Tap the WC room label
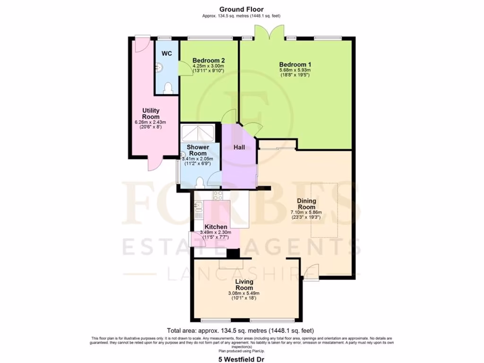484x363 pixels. (167, 53)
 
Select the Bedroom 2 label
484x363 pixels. (208, 60)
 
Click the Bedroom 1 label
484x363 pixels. (295, 65)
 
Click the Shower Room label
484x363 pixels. (198, 150)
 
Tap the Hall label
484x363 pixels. (239, 147)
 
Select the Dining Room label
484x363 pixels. (306, 204)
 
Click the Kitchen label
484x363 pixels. (216, 227)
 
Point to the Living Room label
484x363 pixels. (244, 285)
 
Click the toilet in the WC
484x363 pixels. (168, 87)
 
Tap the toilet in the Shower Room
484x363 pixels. (200, 181)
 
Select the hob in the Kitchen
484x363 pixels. (218, 195)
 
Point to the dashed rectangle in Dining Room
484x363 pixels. (324, 210)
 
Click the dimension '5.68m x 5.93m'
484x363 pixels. (294, 70)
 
